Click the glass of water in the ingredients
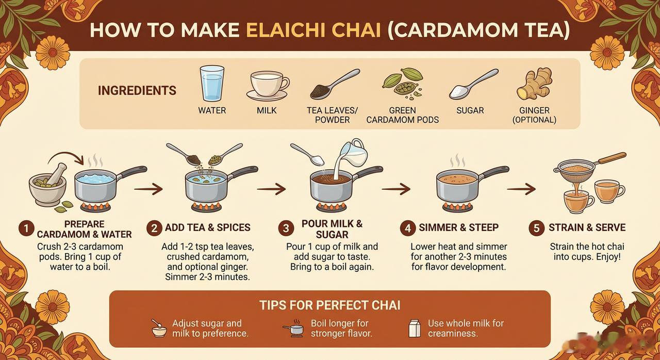pos(212,84)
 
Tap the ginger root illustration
pos(534,84)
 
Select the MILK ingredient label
pos(267,110)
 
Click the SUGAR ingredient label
pos(470,110)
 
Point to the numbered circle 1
pos(26,228)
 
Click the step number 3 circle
pos(286,228)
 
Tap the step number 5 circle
pos(536,228)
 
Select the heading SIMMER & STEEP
pos(458,227)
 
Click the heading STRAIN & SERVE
pos(587,227)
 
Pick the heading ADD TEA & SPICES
pos(207,227)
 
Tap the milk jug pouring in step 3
pos(354,153)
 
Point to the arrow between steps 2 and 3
pos(271,189)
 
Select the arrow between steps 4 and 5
pos(521,189)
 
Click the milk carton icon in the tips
pos(415,329)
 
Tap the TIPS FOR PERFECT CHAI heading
pos(329,305)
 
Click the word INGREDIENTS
pos(137,90)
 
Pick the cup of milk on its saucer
pos(267,86)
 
